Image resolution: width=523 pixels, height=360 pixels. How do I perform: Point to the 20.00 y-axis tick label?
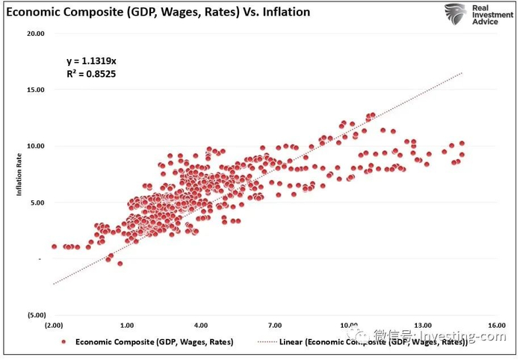coord(35,34)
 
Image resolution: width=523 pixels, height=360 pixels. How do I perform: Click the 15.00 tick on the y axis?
coord(35,90)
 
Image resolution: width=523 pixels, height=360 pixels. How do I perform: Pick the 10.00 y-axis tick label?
coord(35,146)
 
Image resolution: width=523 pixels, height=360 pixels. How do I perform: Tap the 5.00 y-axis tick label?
coord(37,202)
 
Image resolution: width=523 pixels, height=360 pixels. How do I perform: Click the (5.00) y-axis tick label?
coord(35,315)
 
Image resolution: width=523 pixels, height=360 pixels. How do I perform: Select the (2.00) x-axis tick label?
coord(54,326)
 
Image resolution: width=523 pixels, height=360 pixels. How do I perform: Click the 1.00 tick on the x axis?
coord(127,326)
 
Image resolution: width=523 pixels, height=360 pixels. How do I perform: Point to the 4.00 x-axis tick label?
coord(201,326)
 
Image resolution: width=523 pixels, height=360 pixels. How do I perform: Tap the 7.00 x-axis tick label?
coord(275,326)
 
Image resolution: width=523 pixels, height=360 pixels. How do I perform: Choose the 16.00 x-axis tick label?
coord(497,326)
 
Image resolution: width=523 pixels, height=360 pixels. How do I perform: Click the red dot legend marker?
coord(64,342)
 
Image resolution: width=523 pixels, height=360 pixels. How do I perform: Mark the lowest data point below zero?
coord(120,264)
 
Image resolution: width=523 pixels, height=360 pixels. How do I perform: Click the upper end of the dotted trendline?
coord(463,72)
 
